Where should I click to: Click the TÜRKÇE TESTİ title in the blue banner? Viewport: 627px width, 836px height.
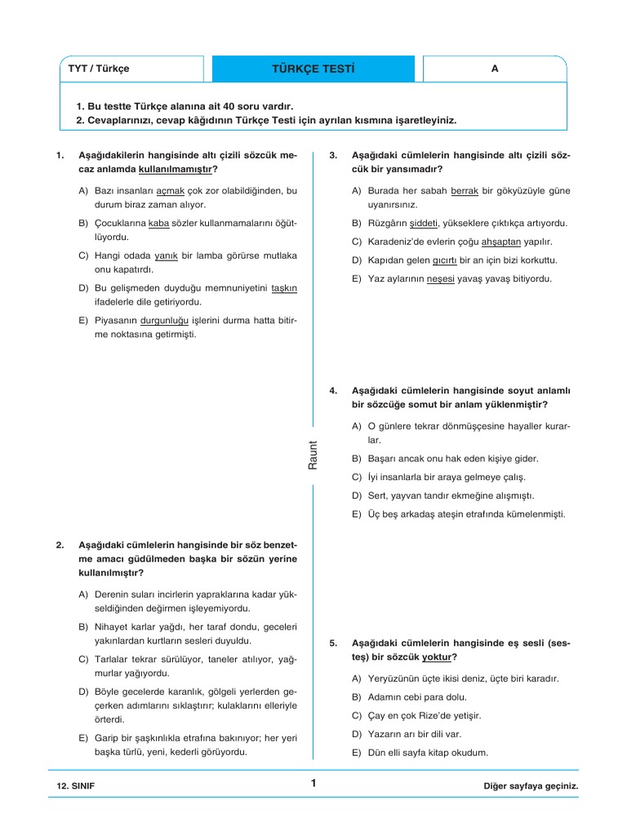coord(314,69)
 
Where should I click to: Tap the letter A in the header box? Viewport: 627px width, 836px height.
coord(494,69)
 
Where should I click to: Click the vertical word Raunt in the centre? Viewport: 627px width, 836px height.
coord(313,454)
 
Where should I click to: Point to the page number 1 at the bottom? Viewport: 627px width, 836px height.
coord(313,784)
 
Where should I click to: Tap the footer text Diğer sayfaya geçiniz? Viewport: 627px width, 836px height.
coord(531,785)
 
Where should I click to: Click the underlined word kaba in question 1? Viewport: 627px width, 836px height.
coord(158,223)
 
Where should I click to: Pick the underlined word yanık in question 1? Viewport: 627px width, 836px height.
coord(167,256)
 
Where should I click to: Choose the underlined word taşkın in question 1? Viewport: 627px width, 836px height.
coord(284,288)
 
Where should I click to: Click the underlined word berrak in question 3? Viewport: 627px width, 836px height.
coord(464,190)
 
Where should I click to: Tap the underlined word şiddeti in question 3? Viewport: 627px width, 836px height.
coord(425,223)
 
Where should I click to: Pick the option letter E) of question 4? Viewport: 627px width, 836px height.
coord(357,514)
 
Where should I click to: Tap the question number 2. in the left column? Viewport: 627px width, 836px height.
coord(60,545)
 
